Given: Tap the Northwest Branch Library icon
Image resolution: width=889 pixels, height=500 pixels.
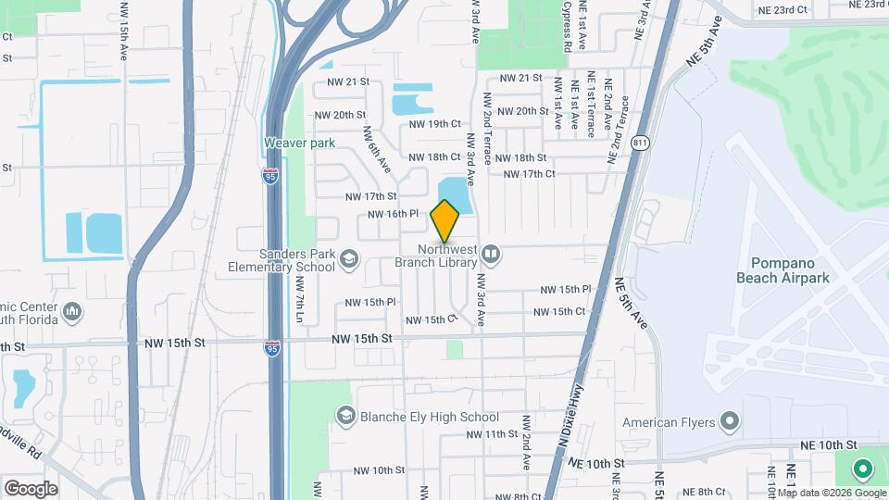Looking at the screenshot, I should (x=492, y=253).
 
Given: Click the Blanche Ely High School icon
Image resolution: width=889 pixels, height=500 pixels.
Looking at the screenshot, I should (x=345, y=416).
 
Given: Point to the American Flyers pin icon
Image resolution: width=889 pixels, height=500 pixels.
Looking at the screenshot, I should (x=729, y=422).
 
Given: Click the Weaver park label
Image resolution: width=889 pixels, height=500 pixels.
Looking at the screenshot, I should (x=298, y=143).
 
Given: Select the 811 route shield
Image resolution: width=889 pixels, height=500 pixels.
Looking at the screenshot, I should (x=641, y=143).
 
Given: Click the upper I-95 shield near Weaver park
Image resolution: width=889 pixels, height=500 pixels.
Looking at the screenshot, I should (x=270, y=177).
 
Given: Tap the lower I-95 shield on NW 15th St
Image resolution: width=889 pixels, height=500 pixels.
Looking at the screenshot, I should (x=272, y=348).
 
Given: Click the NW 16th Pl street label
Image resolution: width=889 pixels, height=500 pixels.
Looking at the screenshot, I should (x=394, y=214).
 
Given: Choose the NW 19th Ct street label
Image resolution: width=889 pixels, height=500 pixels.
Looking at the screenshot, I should (x=434, y=123).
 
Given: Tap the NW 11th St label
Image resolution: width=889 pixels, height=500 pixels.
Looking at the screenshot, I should (x=492, y=433).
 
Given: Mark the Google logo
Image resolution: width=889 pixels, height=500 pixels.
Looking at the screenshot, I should (x=31, y=488).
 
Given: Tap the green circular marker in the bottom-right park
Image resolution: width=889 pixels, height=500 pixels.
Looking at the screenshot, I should (x=862, y=470).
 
